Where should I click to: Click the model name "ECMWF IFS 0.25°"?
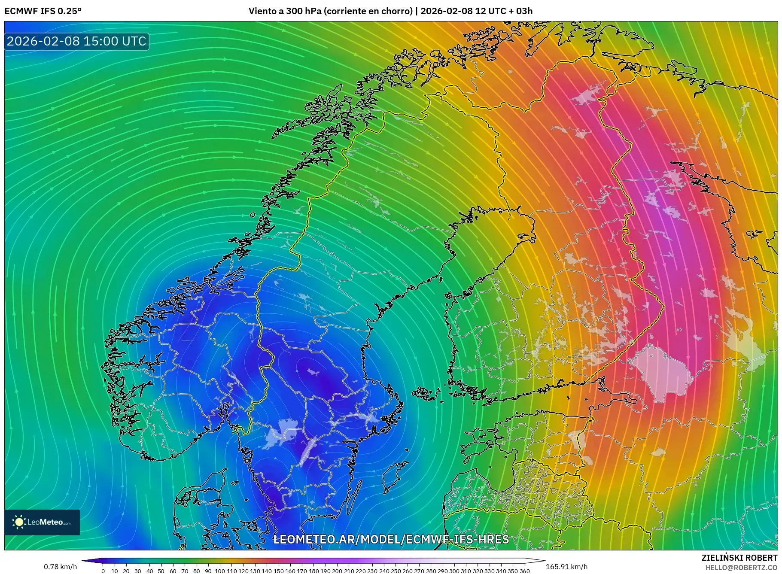[43, 11]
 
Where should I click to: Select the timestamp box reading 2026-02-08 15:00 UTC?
[76, 41]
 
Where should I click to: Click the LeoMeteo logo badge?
[42, 522]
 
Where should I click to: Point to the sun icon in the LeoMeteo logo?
[19, 522]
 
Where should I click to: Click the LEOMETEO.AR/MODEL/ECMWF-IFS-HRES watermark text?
[391, 539]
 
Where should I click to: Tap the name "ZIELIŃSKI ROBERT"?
[739, 558]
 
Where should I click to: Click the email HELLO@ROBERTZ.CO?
[741, 567]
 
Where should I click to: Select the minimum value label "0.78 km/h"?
[60, 567]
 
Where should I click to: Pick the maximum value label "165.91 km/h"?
[566, 567]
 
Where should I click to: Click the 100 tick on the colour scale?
[220, 571]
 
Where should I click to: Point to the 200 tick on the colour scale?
[337, 571]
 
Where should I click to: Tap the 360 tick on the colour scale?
[525, 571]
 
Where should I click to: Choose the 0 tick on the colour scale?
[103, 571]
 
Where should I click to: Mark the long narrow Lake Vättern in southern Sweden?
[307, 451]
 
